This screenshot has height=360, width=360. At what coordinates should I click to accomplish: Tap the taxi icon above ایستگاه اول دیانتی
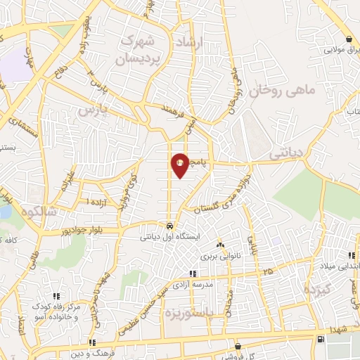169,226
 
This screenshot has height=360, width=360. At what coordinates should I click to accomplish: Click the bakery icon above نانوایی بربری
220,245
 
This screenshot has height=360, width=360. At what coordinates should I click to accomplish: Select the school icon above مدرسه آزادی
193,274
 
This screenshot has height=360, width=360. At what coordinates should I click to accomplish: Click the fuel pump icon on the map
321,340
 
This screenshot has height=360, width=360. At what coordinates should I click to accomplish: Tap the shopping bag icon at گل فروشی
238,346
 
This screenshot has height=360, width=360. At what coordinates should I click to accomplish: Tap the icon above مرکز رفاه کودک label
56,295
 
